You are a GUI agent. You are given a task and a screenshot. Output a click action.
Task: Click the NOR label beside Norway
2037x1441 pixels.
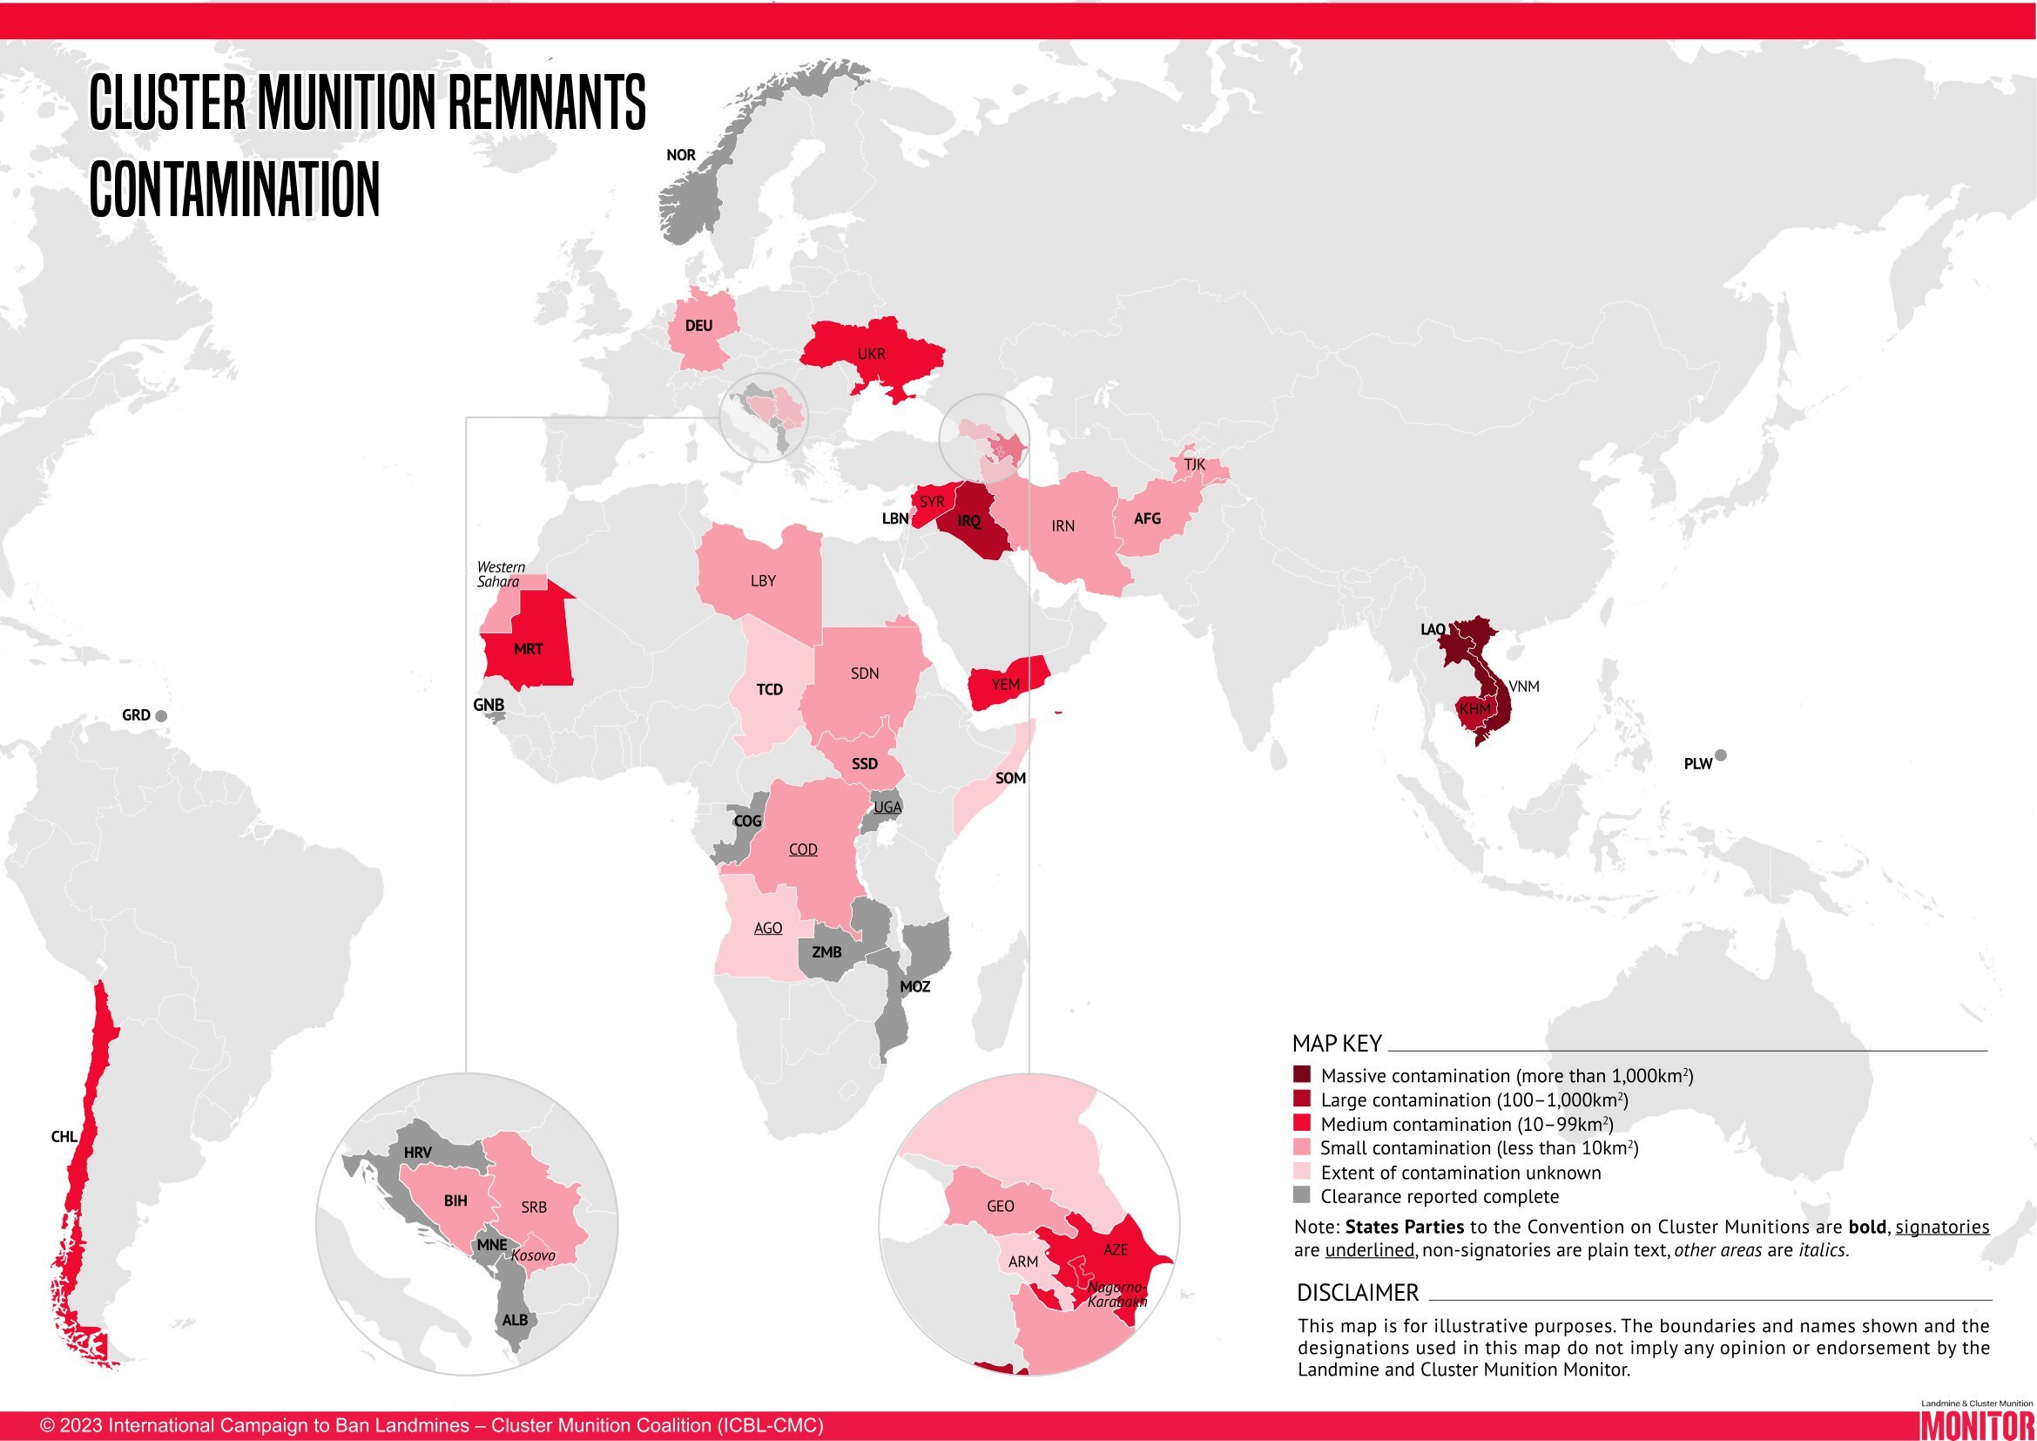pos(680,155)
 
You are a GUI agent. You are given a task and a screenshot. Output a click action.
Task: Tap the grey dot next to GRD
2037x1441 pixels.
pos(161,716)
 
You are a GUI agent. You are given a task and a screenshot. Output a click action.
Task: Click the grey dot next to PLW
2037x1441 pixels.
pos(1720,756)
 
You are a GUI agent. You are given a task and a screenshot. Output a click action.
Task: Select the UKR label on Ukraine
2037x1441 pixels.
pos(871,354)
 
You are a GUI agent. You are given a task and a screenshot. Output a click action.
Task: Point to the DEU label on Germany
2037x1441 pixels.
pos(698,326)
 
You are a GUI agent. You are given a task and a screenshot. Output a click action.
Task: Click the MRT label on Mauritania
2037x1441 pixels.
pos(528,650)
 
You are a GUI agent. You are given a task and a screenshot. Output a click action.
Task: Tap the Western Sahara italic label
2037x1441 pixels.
pos(501,574)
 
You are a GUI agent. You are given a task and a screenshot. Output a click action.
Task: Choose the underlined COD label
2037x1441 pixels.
pos(803,849)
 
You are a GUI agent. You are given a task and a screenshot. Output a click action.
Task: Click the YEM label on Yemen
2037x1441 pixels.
pos(1005,684)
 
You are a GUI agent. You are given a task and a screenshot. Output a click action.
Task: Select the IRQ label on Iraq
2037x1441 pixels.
pos(968,522)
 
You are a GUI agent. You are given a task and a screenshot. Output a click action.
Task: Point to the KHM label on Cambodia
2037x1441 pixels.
pos(1474,709)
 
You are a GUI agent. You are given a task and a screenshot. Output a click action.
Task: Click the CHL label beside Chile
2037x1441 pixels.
pos(64,1137)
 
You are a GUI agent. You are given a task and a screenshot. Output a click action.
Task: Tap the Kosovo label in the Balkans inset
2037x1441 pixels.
pos(533,1255)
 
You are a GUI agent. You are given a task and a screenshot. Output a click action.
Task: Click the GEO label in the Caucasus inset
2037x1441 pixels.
pos(1000,1207)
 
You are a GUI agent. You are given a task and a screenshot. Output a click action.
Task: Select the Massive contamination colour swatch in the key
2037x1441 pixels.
pos(1301,1074)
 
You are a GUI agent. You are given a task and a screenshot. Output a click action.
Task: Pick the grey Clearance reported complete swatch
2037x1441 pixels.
pos(1301,1195)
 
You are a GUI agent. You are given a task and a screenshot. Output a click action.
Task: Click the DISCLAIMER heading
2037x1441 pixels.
pos(1358,1292)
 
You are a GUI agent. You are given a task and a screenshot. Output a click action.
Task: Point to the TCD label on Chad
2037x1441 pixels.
pos(769,689)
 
